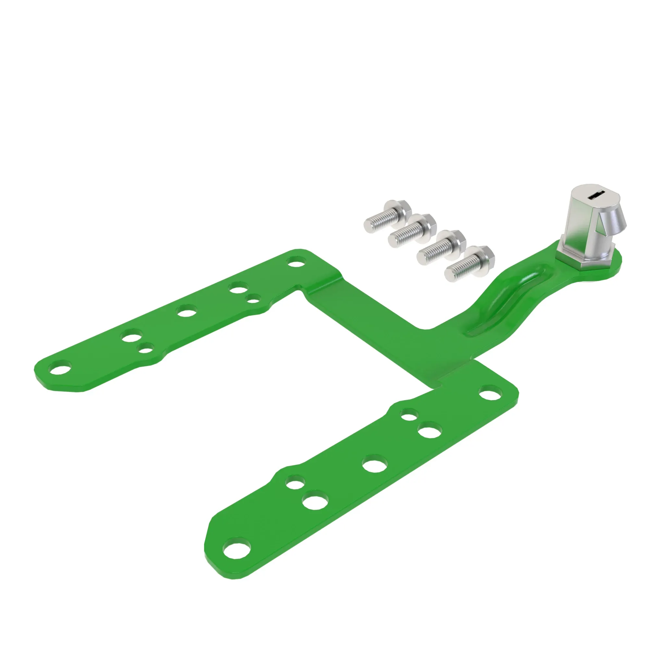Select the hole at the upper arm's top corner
[x=295, y=262]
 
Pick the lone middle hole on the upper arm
[x=187, y=311]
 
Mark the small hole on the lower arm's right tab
[x=410, y=414]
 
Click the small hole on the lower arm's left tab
[x=295, y=484]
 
